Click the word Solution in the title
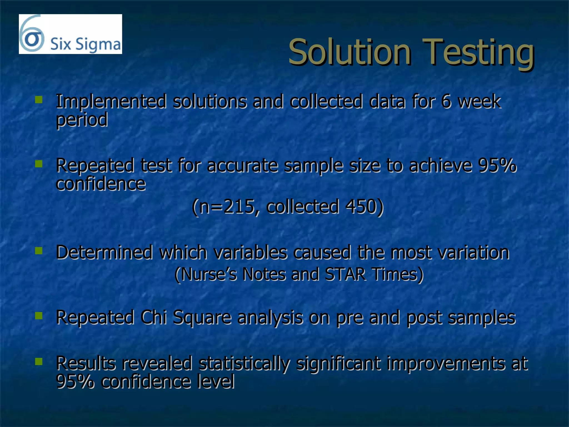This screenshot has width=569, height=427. (350, 52)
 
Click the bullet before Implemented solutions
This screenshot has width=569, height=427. (39, 100)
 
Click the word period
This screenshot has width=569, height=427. (82, 120)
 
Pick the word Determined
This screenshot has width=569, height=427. (104, 252)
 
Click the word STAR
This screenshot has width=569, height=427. (345, 274)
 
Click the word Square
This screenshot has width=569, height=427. (202, 318)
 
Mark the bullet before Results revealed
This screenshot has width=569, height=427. (39, 361)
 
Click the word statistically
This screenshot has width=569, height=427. (244, 364)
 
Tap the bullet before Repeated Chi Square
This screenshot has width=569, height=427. (39, 316)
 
